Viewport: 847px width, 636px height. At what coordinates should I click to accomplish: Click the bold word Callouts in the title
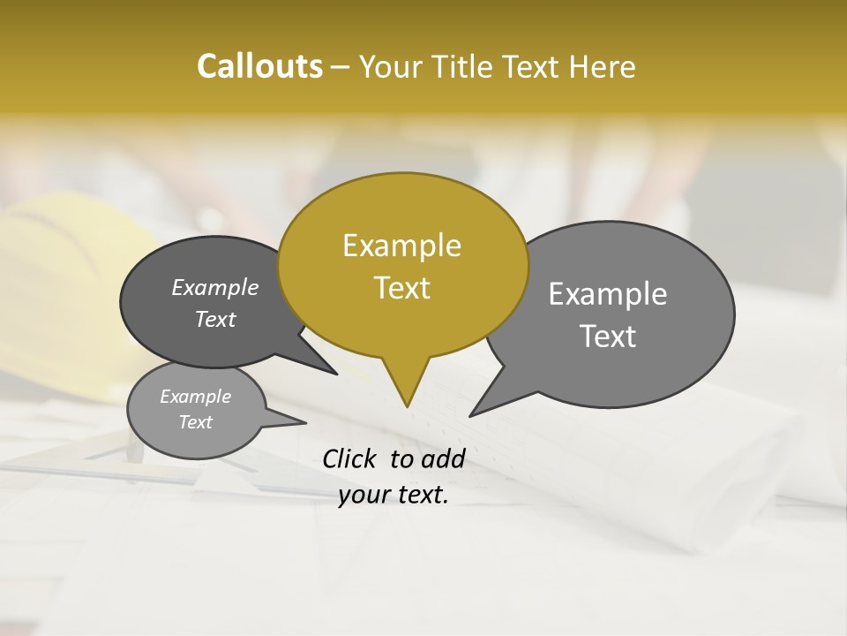coord(259,66)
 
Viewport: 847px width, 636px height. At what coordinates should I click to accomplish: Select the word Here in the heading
coord(603,67)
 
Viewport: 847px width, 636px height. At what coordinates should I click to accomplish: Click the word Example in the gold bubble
coord(401,246)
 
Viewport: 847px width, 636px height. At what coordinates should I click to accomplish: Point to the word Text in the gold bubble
coord(401,288)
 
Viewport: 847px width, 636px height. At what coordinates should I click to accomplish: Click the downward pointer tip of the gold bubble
coord(407,405)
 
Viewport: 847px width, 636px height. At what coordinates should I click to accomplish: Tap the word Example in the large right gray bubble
coord(608,294)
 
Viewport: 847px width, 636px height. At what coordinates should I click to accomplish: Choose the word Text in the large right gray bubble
coord(608,337)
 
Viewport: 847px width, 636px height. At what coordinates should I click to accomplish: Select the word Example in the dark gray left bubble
coord(215,288)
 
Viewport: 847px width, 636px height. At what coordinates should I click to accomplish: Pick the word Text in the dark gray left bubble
coord(215,320)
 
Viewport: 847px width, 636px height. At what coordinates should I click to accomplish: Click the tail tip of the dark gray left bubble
coord(335,374)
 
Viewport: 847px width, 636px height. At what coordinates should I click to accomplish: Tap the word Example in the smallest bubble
coord(195,397)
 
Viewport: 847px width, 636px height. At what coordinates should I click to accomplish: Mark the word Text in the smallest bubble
coord(195,422)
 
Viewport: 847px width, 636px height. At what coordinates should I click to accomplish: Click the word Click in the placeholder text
coord(351,458)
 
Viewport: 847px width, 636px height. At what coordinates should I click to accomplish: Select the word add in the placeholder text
coord(443,458)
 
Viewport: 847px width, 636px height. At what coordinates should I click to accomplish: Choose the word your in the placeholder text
coord(363,495)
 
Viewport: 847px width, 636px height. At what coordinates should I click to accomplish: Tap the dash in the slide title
coord(341,67)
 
